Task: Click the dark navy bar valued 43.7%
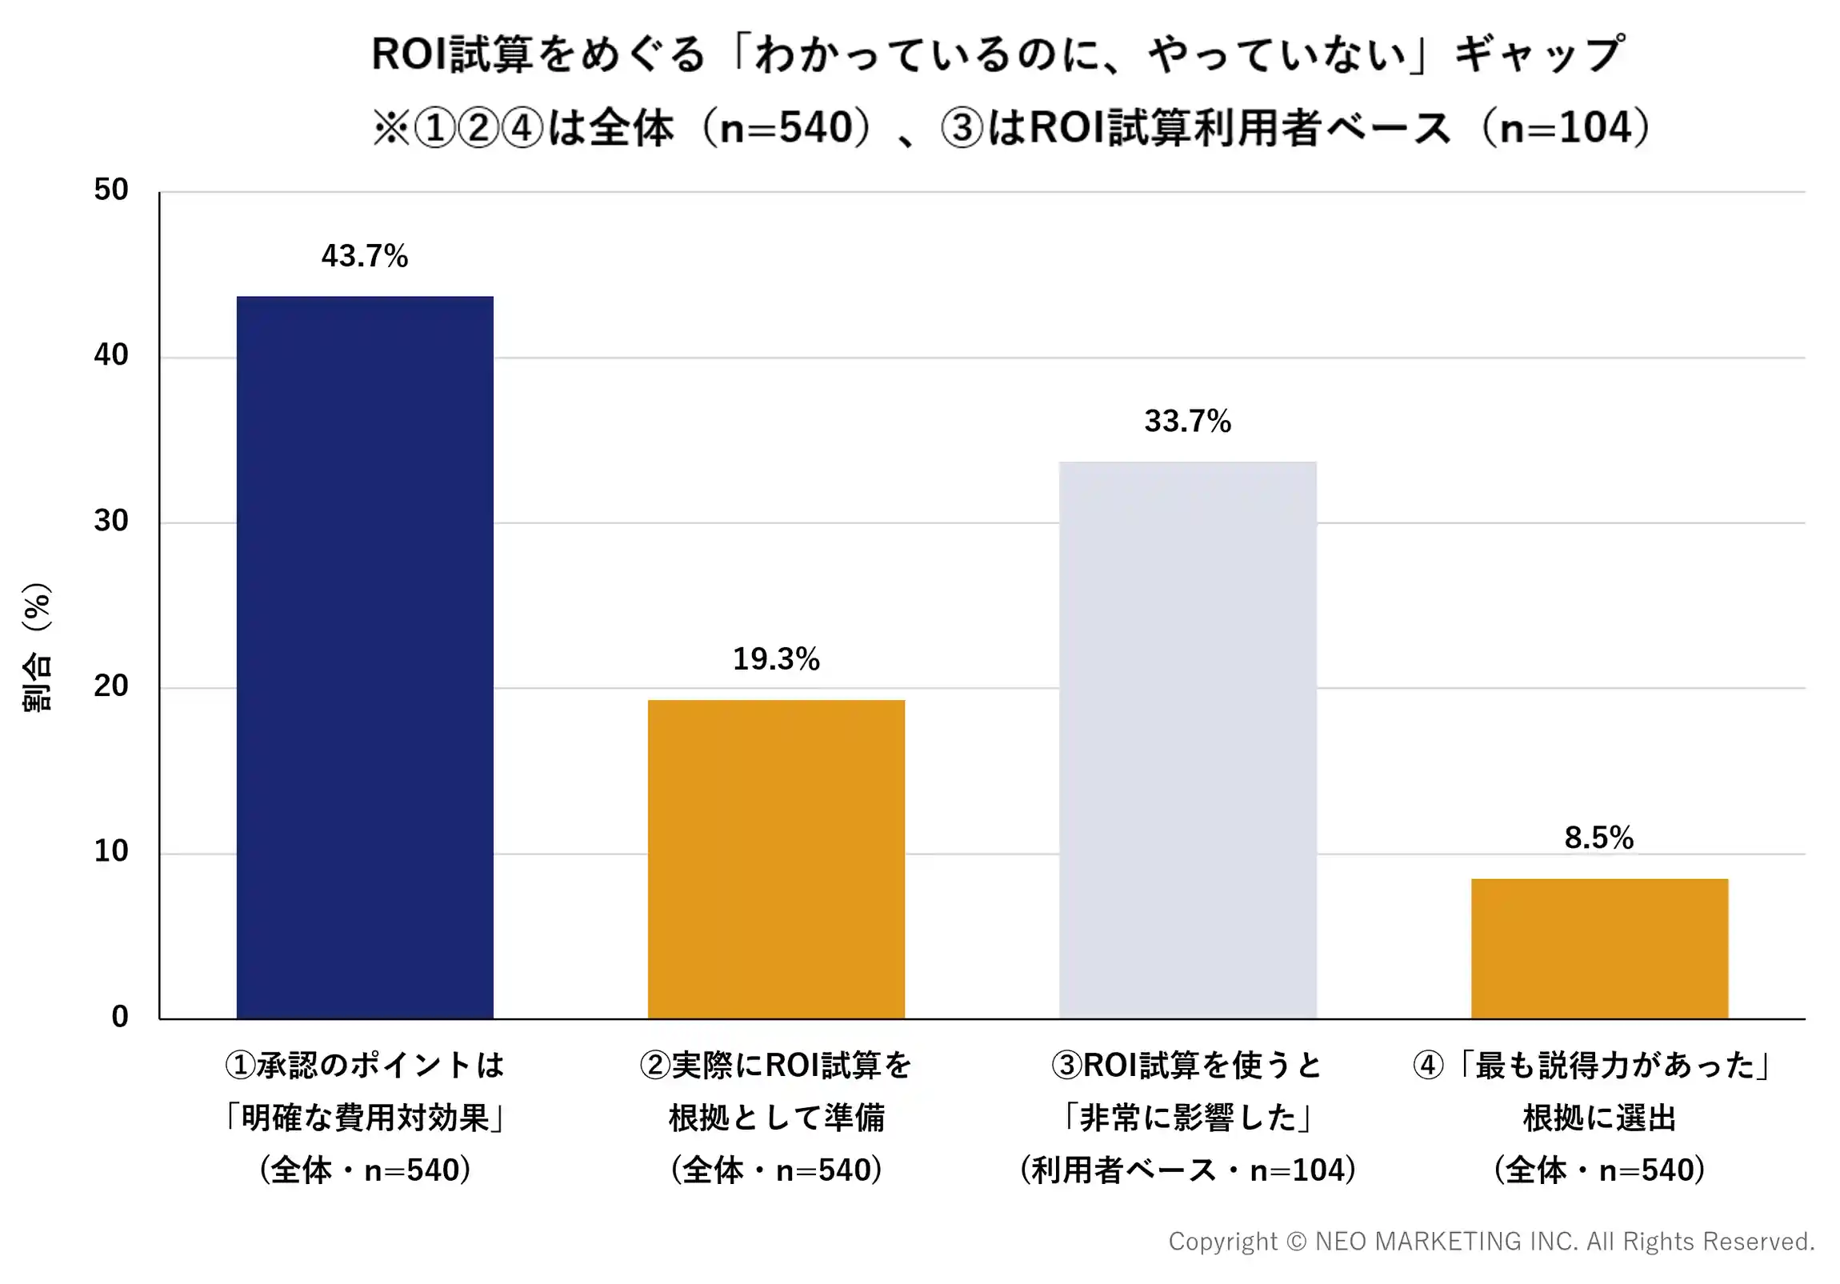[365, 658]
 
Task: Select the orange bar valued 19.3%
[776, 859]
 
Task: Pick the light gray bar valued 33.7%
[1188, 740]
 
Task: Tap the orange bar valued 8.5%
[1599, 948]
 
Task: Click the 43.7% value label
[365, 257]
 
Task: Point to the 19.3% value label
[776, 659]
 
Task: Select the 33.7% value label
[1188, 421]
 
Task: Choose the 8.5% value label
[1598, 838]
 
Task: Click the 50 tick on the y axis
[110, 190]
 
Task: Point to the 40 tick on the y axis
[110, 355]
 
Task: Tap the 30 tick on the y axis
[110, 521]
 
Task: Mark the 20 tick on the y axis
[110, 686]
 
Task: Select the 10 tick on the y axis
[110, 851]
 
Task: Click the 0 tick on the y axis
[120, 1016]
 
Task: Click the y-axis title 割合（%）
[37, 648]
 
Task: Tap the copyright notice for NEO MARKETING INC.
[1491, 1242]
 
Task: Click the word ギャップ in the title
[1540, 54]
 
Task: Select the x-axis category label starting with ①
[365, 1118]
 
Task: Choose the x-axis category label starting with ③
[1188, 1118]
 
